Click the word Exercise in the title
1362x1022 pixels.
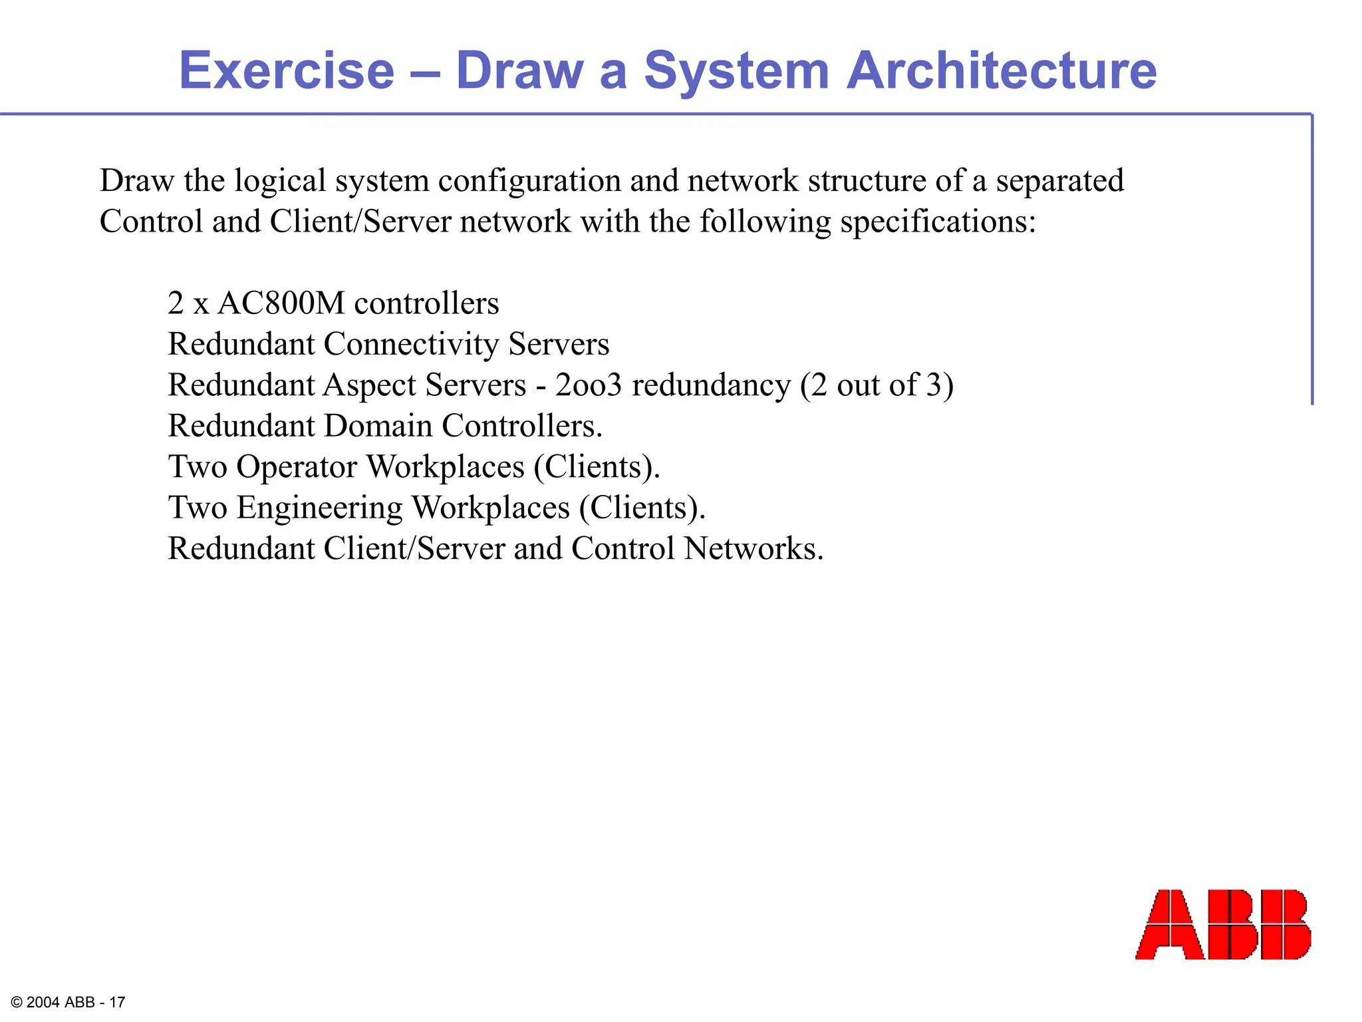point(287,71)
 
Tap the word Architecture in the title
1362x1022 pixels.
point(1001,71)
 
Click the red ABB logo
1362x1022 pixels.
point(1222,924)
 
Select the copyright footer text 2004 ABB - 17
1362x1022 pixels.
point(68,1002)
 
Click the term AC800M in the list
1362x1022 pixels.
point(281,303)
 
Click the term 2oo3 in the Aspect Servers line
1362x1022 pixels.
point(588,385)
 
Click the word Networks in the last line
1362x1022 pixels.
point(753,549)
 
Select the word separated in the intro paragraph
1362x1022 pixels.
point(1059,181)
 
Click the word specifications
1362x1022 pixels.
point(938,222)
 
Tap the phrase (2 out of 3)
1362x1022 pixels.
point(876,385)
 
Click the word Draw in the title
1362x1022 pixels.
point(518,71)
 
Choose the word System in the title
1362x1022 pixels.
point(736,71)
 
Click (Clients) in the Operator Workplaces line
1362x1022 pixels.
point(597,467)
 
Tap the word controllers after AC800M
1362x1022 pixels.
point(426,303)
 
